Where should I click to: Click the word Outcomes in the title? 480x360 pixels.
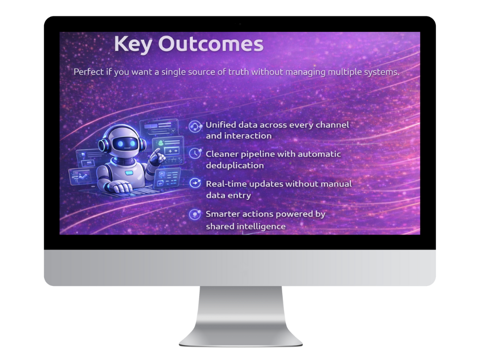pyautogui.click(x=210, y=44)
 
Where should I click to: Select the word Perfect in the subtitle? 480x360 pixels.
pyautogui.click(x=89, y=72)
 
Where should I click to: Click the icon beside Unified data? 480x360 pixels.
pyautogui.click(x=195, y=126)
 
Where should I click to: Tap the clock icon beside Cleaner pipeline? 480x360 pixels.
pyautogui.click(x=195, y=153)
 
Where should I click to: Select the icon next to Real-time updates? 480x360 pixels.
pyautogui.click(x=195, y=183)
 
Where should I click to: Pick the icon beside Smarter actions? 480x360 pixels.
pyautogui.click(x=195, y=214)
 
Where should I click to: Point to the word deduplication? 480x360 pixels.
pyautogui.click(x=235, y=165)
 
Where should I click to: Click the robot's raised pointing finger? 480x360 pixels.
pyautogui.click(x=157, y=152)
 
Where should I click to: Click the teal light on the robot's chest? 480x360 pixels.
pyautogui.click(x=129, y=173)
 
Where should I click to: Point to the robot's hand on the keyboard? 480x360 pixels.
pyautogui.click(x=120, y=186)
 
